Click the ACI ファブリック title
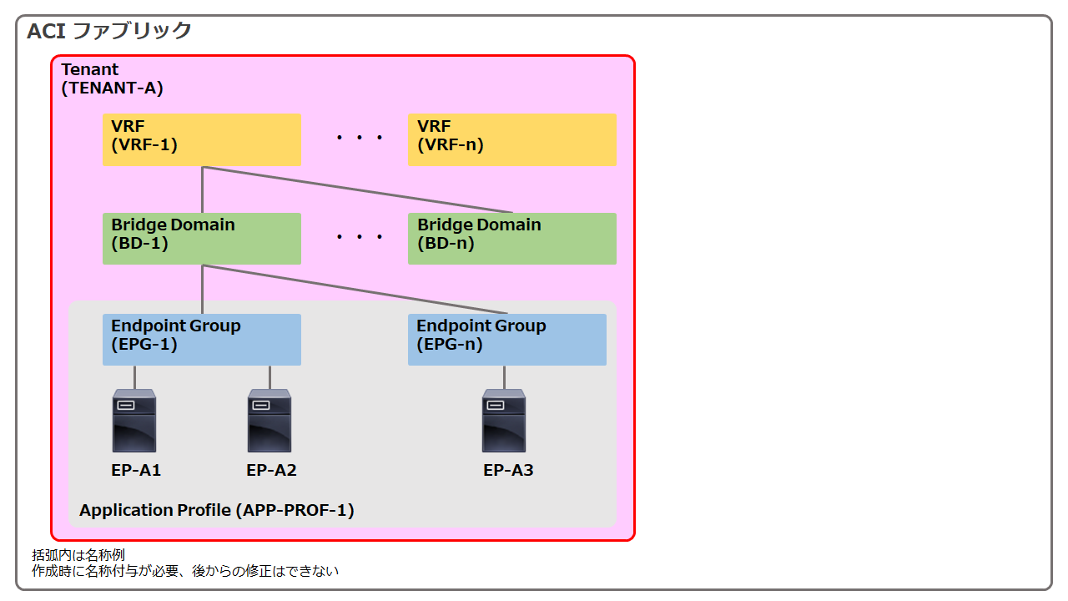[x=108, y=31]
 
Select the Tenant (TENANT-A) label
[x=112, y=78]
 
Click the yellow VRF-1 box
[x=202, y=139]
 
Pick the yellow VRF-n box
[x=512, y=139]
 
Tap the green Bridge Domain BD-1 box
[x=202, y=239]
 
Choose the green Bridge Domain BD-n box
[x=512, y=239]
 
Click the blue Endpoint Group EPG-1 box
[x=202, y=340]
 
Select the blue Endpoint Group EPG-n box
[x=507, y=340]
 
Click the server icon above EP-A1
[x=134, y=421]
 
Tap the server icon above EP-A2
[x=270, y=421]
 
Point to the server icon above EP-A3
[x=504, y=421]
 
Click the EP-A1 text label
[x=136, y=470]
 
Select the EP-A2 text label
[x=271, y=470]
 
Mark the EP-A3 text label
[x=508, y=470]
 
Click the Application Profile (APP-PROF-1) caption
[x=217, y=510]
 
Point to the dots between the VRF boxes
[x=360, y=138]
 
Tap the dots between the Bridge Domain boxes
[x=360, y=236]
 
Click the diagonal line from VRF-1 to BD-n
[x=358, y=189]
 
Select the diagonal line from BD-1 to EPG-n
[x=355, y=289]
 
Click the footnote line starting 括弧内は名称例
[x=78, y=555]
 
